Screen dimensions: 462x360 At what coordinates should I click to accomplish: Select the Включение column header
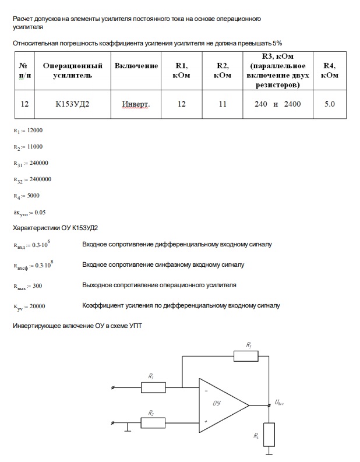[136, 66]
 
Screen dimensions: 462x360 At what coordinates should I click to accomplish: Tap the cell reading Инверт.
[136, 104]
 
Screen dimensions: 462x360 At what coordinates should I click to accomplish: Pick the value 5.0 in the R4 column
[329, 104]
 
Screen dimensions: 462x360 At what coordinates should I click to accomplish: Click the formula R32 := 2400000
[32, 179]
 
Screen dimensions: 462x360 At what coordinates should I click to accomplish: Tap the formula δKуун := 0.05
[29, 212]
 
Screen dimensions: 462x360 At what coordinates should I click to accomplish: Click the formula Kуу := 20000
[29, 306]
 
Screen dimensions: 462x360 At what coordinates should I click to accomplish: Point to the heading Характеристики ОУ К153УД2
[55, 228]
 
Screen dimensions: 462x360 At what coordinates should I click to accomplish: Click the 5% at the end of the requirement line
[277, 43]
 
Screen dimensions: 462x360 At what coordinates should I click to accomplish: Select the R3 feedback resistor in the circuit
[245, 355]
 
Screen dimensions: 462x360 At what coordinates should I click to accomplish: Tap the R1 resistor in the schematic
[153, 387]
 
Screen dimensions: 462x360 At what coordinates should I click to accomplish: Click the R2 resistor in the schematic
[153, 422]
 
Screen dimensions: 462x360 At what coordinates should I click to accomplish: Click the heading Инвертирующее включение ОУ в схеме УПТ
[77, 326]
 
